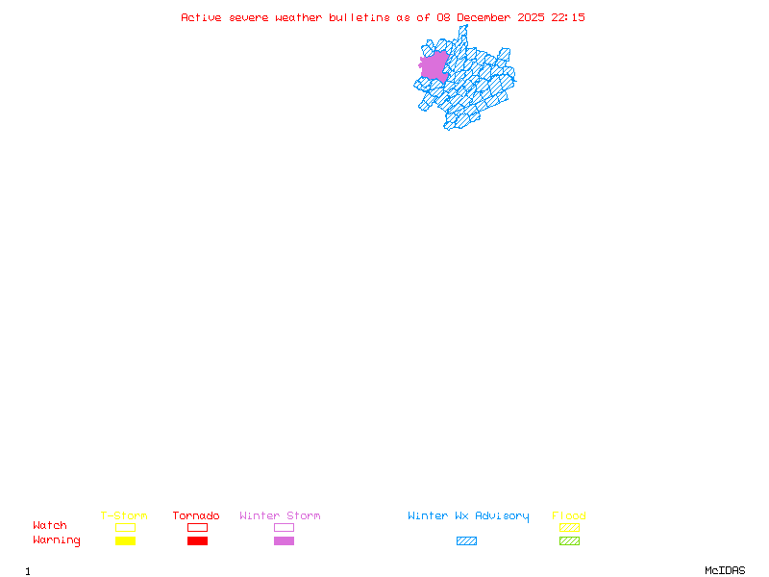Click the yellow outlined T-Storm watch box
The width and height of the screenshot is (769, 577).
(x=125, y=527)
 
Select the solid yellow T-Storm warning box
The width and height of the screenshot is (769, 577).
(x=125, y=541)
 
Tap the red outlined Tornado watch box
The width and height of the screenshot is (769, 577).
(x=197, y=527)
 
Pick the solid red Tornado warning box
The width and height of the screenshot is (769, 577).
(x=197, y=541)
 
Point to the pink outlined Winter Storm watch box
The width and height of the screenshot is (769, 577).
(x=284, y=527)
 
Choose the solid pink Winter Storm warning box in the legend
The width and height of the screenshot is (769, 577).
(x=284, y=541)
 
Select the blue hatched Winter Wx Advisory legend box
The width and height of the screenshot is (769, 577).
(x=466, y=541)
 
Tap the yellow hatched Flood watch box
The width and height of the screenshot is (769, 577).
(x=569, y=527)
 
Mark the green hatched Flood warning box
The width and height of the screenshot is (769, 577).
(x=569, y=541)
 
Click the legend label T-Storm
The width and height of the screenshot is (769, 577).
(x=124, y=515)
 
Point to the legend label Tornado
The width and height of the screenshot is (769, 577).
(x=196, y=515)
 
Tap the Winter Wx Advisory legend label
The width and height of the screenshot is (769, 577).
(x=468, y=515)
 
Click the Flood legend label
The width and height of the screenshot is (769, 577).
(x=569, y=515)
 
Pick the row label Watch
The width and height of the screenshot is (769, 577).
(x=50, y=526)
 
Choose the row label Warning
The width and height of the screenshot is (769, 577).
(x=57, y=540)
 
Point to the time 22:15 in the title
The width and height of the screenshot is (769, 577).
(x=568, y=17)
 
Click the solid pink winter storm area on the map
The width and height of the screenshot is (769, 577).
(x=434, y=65)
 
